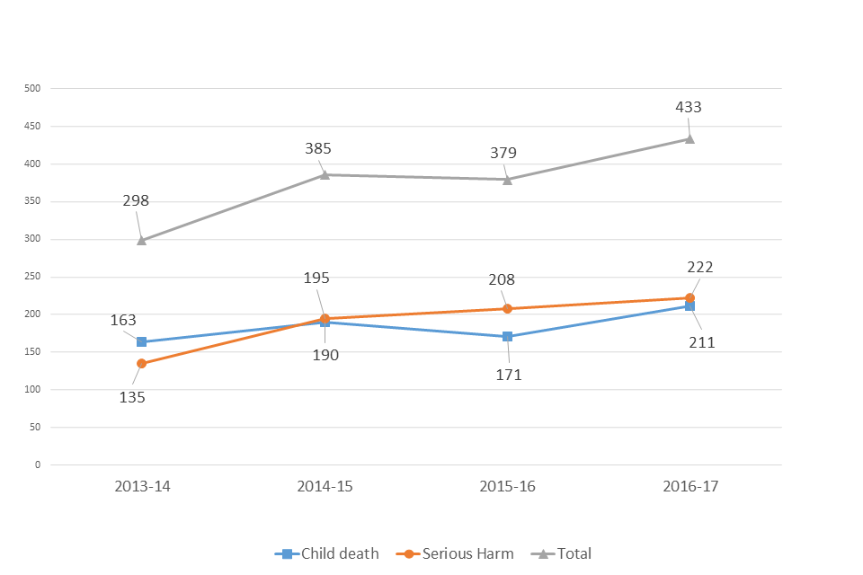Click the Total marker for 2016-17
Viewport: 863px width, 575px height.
(x=690, y=138)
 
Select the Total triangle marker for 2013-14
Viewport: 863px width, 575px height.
(x=141, y=240)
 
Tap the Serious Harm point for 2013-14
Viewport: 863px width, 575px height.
(x=141, y=363)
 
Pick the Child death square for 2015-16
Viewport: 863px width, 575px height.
(x=507, y=336)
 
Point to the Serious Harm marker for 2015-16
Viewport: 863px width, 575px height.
(x=507, y=308)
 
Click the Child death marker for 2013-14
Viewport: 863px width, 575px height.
(x=141, y=341)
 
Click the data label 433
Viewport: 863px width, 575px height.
(x=689, y=107)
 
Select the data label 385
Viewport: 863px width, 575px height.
(x=318, y=149)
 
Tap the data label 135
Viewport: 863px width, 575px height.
(x=132, y=396)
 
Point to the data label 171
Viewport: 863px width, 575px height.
(x=508, y=375)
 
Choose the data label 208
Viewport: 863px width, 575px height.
(x=503, y=280)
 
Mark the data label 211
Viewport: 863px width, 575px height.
(x=701, y=342)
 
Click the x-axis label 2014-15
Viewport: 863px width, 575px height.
(x=325, y=486)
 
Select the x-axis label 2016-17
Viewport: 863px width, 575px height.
(x=690, y=486)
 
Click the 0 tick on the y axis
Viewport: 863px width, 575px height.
(x=38, y=464)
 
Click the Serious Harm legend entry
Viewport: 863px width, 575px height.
(x=458, y=553)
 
